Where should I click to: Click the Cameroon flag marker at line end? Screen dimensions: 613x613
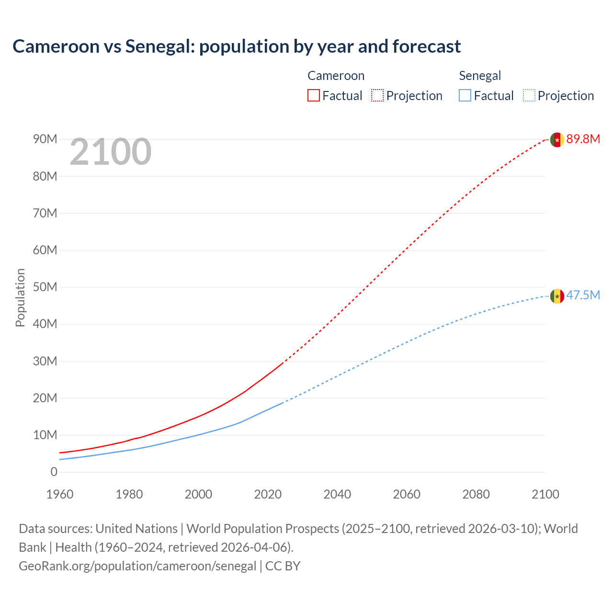[556, 139]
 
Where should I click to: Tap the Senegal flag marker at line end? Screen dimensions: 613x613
[556, 296]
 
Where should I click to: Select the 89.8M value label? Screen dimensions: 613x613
[583, 139]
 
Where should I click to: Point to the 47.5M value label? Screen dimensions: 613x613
[583, 295]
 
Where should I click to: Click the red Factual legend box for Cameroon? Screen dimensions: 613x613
[313, 95]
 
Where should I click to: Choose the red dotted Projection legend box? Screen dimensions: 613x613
[377, 95]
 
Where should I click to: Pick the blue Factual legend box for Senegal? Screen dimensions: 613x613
[465, 95]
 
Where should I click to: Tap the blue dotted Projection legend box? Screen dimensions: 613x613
[529, 95]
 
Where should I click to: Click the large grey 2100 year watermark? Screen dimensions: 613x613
[111, 152]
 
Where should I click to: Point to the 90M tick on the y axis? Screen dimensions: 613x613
[45, 139]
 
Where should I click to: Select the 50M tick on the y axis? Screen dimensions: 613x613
[45, 287]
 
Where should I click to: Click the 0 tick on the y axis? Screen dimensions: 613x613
[54, 472]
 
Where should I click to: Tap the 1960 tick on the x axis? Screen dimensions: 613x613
[60, 494]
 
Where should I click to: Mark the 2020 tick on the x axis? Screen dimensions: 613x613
[268, 494]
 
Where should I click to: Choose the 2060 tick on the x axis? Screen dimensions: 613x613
[407, 494]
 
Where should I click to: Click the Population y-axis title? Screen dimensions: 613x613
[20, 297]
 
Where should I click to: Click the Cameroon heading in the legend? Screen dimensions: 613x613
[336, 76]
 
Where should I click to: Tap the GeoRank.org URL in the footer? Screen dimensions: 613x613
[137, 566]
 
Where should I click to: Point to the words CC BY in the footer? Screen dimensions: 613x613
[283, 566]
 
